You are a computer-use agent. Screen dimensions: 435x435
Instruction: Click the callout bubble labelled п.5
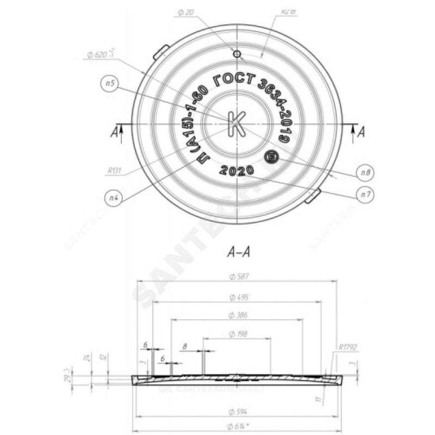click(x=110, y=84)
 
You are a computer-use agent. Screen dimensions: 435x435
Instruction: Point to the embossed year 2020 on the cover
click(x=236, y=170)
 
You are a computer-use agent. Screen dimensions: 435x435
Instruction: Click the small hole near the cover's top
click(x=237, y=54)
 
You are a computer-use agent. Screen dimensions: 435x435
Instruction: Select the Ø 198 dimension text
click(x=237, y=334)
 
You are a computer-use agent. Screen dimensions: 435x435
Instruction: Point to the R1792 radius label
click(x=347, y=346)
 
